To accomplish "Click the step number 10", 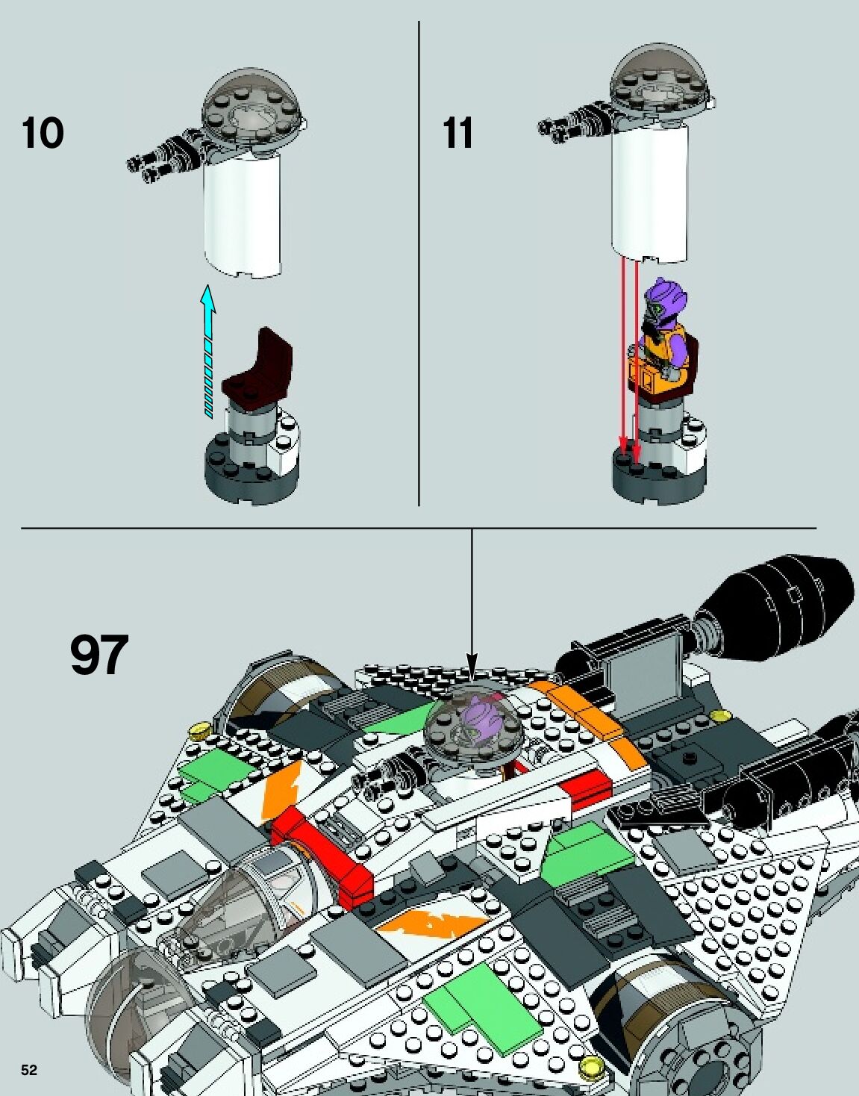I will click(x=43, y=134).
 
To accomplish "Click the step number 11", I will click(x=457, y=134).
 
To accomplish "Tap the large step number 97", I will click(x=99, y=655).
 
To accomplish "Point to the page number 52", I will click(x=28, y=1070).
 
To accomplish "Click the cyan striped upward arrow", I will click(x=208, y=351).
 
